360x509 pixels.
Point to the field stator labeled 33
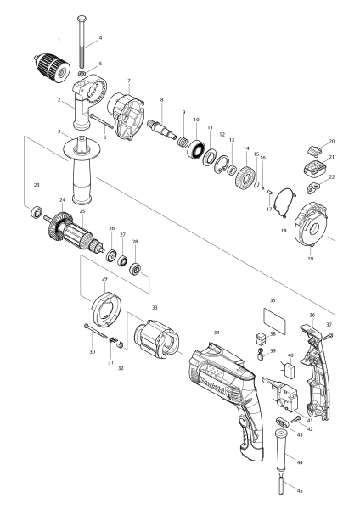point(155,339)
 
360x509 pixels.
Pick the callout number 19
point(309,250)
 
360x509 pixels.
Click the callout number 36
point(312,316)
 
